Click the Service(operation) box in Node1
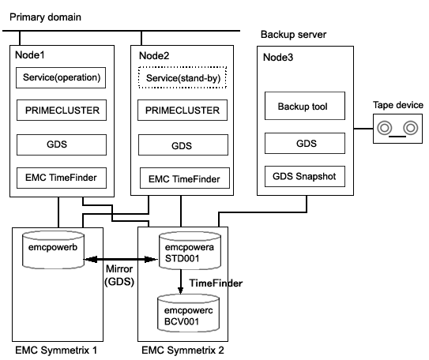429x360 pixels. coord(61,77)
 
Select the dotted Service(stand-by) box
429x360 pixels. coord(183,77)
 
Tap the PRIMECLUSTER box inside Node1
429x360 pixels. coord(62,111)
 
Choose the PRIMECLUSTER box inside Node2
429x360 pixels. coord(183,111)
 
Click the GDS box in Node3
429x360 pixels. coord(305,143)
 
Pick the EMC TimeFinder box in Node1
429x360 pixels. coord(62,178)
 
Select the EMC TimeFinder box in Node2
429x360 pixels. coord(185,178)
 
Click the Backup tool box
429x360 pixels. coord(305,106)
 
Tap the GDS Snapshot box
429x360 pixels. coord(305,176)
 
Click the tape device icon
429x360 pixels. coord(398,129)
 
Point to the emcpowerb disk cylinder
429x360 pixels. coord(53,249)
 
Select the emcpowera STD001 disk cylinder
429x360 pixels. coord(190,251)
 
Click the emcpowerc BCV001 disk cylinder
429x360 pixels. coord(189,313)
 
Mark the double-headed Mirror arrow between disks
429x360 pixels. coord(121,259)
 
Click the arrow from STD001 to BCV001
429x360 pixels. coord(180,282)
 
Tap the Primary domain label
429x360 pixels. coord(45,17)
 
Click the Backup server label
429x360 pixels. coord(294,35)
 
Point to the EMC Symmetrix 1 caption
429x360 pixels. coord(56,351)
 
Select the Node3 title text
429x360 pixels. coord(278,58)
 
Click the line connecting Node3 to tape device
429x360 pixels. coord(363,129)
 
